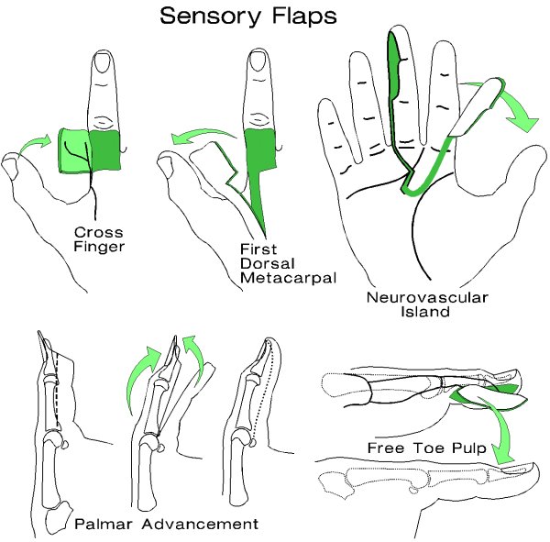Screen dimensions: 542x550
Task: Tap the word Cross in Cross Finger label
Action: tap(91, 234)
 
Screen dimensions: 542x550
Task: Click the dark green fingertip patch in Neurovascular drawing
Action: tap(396, 69)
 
